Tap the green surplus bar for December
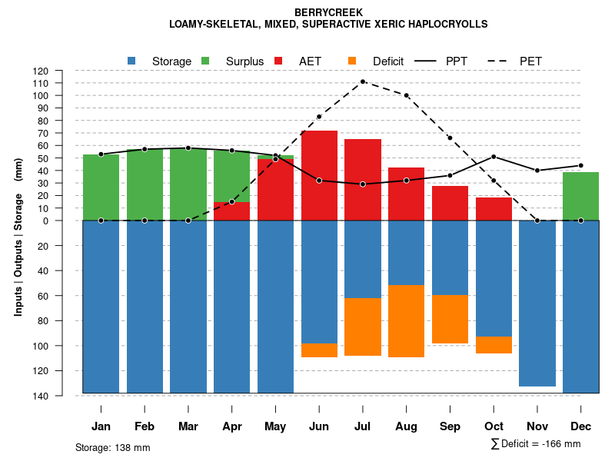click(580, 196)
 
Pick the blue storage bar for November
click(537, 303)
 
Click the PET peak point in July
click(363, 81)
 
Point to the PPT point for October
click(494, 157)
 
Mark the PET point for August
click(406, 95)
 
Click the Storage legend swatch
click(132, 61)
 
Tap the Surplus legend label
click(244, 61)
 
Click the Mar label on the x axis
click(188, 426)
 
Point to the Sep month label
click(450, 426)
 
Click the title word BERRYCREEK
click(328, 12)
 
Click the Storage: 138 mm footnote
click(112, 447)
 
